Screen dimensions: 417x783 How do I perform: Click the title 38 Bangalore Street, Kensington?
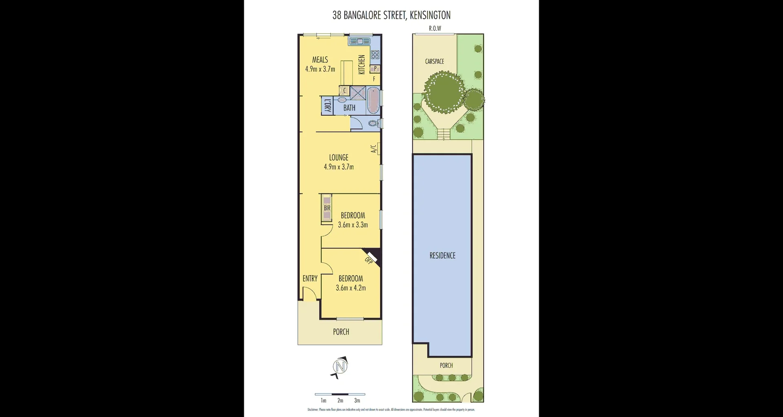click(391, 15)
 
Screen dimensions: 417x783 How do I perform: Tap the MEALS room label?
click(320, 60)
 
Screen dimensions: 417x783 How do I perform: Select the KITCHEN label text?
click(362, 65)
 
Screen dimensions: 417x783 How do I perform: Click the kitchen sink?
click(359, 41)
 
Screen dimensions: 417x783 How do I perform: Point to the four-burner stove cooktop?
click(375, 54)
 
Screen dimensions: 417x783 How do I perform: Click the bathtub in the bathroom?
click(373, 100)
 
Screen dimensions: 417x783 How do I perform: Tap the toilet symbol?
click(373, 123)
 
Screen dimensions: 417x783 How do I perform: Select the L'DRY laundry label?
click(327, 106)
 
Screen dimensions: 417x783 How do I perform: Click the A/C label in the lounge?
click(373, 149)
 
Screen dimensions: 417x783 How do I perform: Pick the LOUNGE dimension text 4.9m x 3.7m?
click(338, 167)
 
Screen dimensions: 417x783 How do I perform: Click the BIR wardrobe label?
click(327, 208)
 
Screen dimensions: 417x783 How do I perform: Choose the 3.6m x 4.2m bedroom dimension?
click(351, 288)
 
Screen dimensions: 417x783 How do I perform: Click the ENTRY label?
click(310, 278)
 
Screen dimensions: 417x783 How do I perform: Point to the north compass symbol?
click(340, 367)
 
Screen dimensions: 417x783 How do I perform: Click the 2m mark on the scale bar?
click(340, 400)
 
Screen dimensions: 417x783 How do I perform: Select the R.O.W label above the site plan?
click(435, 29)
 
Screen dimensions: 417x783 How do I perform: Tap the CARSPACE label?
click(434, 61)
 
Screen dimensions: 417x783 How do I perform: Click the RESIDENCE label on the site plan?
click(442, 256)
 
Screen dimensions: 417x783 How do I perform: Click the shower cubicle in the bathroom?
click(358, 93)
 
